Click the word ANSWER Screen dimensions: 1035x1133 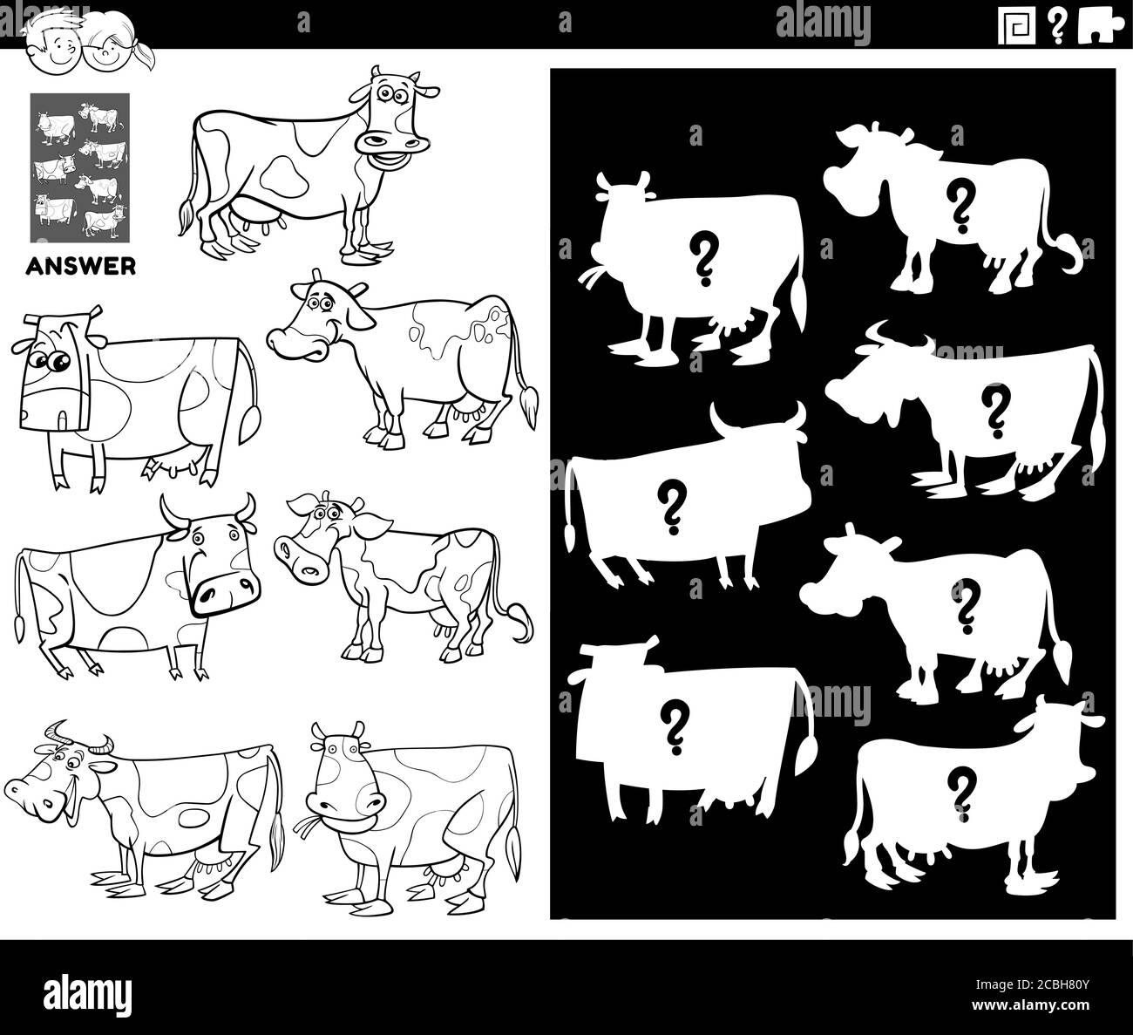(83, 265)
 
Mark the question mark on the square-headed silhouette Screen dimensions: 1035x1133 (672, 726)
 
